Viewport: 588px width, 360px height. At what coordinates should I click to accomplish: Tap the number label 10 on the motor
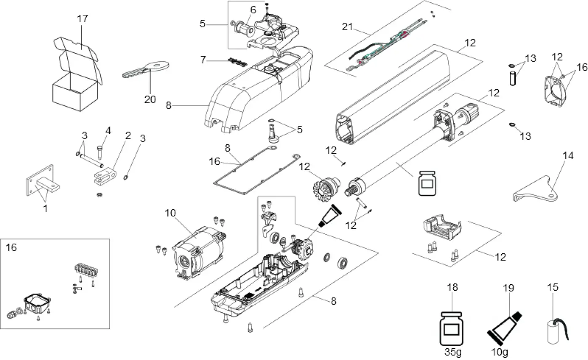170,213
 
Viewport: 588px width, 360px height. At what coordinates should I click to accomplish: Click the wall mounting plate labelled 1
40,181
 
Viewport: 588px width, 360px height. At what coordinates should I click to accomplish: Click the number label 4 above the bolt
108,131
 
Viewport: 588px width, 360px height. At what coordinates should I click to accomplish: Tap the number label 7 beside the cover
203,60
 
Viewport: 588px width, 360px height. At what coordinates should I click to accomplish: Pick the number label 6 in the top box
253,9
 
